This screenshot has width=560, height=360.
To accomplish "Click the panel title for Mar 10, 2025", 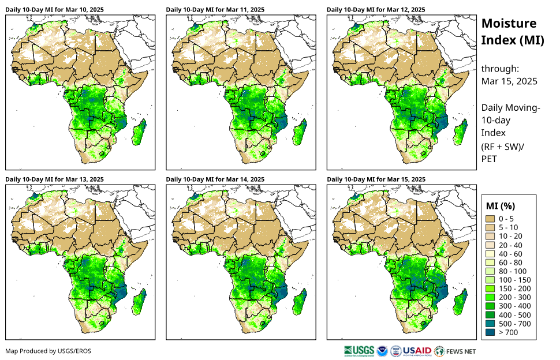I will [x=47, y=9].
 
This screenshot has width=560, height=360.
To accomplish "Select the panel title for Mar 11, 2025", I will [x=207, y=9].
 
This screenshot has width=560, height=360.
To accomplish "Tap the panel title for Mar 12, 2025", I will [x=368, y=9].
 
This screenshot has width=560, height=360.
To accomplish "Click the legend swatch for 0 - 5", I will [x=491, y=219].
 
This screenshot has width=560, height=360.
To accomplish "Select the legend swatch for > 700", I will [x=491, y=332].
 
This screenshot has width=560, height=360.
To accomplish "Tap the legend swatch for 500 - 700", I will [x=491, y=324].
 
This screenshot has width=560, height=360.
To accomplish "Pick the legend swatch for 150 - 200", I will [x=491, y=288].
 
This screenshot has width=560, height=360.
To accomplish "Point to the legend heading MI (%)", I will [x=500, y=205].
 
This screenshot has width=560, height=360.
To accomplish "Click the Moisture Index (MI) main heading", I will [x=509, y=32].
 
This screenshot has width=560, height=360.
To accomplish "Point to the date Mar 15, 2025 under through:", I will [x=509, y=81].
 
